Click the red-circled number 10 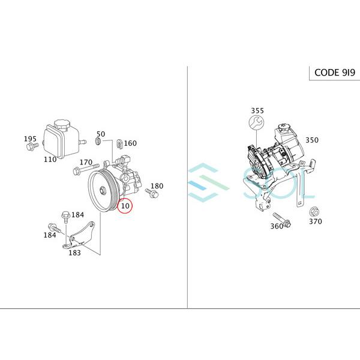(x=125, y=206)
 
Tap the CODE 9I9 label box (x=335, y=73)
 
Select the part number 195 (x=30, y=139)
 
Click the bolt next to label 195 (x=32, y=146)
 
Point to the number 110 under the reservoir (x=50, y=159)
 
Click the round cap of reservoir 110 (x=62, y=124)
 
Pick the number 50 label (x=101, y=134)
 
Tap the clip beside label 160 (x=119, y=143)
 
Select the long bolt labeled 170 (x=86, y=169)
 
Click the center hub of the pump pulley (x=103, y=190)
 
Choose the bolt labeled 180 (x=152, y=193)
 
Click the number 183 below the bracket (x=74, y=253)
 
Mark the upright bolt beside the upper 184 (x=65, y=217)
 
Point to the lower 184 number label (x=50, y=235)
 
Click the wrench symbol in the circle (x=256, y=122)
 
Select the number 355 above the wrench (x=257, y=110)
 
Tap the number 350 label (x=312, y=140)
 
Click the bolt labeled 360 (x=282, y=220)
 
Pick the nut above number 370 (x=315, y=211)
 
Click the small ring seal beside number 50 (x=98, y=141)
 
